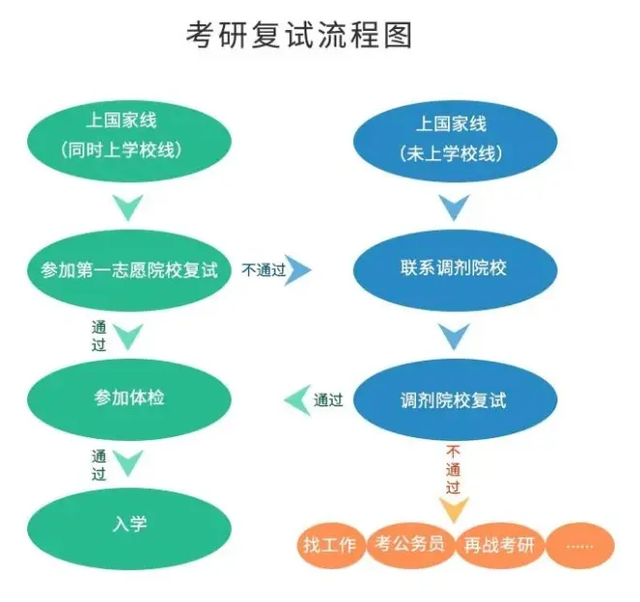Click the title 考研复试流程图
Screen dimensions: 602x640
(300, 35)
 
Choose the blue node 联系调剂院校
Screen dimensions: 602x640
(452, 269)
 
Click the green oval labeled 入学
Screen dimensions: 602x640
(129, 524)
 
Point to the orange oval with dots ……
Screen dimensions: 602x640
(580, 545)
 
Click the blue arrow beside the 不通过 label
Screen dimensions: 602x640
(299, 269)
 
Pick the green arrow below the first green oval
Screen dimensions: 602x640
(129, 206)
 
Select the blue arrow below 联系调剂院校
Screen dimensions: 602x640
(453, 335)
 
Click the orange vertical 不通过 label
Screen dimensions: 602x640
(453, 470)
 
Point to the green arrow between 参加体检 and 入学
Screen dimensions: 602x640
(129, 463)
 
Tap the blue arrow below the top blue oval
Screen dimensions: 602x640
(453, 206)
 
